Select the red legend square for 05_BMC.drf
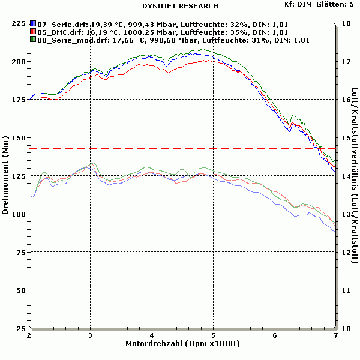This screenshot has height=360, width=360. coord(34,32)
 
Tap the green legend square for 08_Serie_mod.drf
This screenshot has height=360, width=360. coord(34,40)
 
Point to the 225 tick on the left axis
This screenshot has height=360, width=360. coord(18,23)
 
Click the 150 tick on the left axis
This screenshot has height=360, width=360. coord(18,138)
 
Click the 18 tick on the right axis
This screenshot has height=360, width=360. coord(346,23)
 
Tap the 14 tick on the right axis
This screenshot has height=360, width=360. coord(346,176)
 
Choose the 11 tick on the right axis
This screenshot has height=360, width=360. coord(346,290)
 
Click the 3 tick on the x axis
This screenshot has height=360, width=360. coord(90,336)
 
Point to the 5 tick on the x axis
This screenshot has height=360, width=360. coord(213,336)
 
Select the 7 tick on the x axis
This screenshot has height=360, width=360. coord(335,336)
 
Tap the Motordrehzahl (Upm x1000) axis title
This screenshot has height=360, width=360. coord(182,344)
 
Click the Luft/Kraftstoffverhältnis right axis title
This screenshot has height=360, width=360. coord(355,174)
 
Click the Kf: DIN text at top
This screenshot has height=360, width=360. coord(298,4)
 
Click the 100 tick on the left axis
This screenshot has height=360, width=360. coord(18,214)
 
